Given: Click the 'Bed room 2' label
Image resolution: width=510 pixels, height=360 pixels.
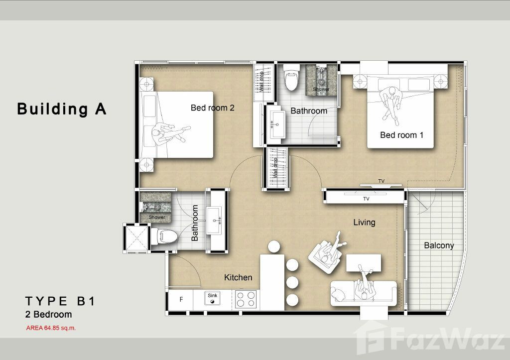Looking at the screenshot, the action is coord(212,108).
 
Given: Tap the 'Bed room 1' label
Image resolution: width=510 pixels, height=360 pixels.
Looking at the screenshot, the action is coord(402,135).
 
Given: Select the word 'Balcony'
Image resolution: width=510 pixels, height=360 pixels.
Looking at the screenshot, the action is coord(439,245).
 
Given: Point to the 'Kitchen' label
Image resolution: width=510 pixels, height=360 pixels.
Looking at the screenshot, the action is coord(238,277).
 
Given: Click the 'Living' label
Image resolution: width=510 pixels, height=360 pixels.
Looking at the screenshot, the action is coord(364,223).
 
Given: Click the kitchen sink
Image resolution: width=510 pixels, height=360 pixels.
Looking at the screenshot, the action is coord(212,298).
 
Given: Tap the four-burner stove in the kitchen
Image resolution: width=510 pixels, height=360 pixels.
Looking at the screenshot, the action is coord(246,299).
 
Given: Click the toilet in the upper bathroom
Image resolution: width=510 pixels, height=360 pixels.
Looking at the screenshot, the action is coord(291,77).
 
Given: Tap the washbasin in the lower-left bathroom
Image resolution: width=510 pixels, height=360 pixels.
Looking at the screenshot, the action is coord(214,221).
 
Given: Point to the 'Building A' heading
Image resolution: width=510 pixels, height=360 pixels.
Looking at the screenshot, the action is coord(62,109).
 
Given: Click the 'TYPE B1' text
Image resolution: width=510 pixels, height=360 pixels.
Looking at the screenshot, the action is coord(60,301).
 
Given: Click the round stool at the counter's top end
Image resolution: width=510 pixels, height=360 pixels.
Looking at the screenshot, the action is coord(274,247).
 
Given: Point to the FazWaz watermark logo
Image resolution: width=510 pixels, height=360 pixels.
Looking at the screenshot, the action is coord(429,338).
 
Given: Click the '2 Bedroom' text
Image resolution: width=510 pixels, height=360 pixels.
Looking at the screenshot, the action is coord(48,315).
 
